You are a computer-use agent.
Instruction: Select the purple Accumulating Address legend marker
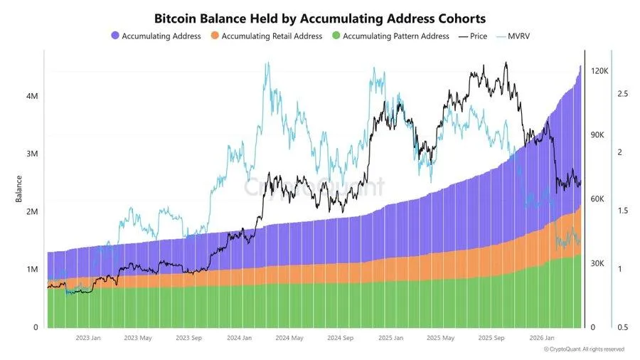click(115, 36)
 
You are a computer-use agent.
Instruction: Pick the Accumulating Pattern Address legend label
click(395, 36)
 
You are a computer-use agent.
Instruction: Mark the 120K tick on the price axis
click(599, 71)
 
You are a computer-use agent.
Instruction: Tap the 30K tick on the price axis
click(598, 263)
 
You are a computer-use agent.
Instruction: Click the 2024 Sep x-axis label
click(340, 338)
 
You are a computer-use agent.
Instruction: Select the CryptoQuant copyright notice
click(584, 349)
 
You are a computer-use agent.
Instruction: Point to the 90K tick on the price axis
click(598, 135)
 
